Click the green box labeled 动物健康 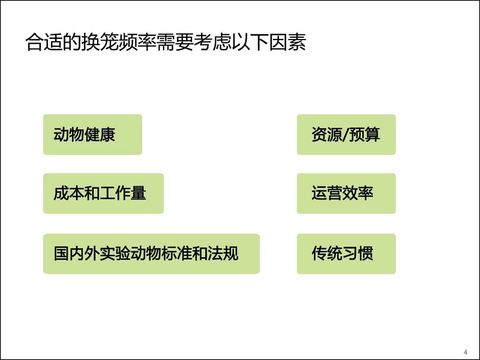pyautogui.click(x=93, y=135)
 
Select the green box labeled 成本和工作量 pyautogui.click(x=103, y=194)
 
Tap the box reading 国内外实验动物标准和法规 pyautogui.click(x=151, y=254)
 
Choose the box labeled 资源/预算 pyautogui.click(x=346, y=135)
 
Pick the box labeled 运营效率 pyautogui.click(x=346, y=194)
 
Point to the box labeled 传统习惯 pyautogui.click(x=346, y=254)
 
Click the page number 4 pyautogui.click(x=466, y=352)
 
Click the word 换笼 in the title pyautogui.click(x=100, y=42)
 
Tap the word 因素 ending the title pyautogui.click(x=287, y=42)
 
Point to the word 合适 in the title pyautogui.click(x=44, y=42)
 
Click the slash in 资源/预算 pyautogui.click(x=346, y=135)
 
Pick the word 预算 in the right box pyautogui.click(x=365, y=135)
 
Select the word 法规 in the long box pyautogui.click(x=223, y=253)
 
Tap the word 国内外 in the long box pyautogui.click(x=77, y=253)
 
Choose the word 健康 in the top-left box pyautogui.click(x=100, y=135)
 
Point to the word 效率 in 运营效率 pyautogui.click(x=358, y=194)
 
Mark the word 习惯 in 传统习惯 pyautogui.click(x=358, y=253)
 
